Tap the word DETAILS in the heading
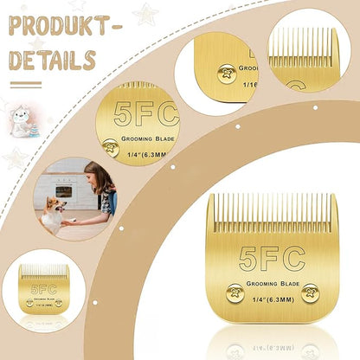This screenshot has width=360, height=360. [52, 60]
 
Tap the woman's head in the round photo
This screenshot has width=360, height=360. [100, 177]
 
